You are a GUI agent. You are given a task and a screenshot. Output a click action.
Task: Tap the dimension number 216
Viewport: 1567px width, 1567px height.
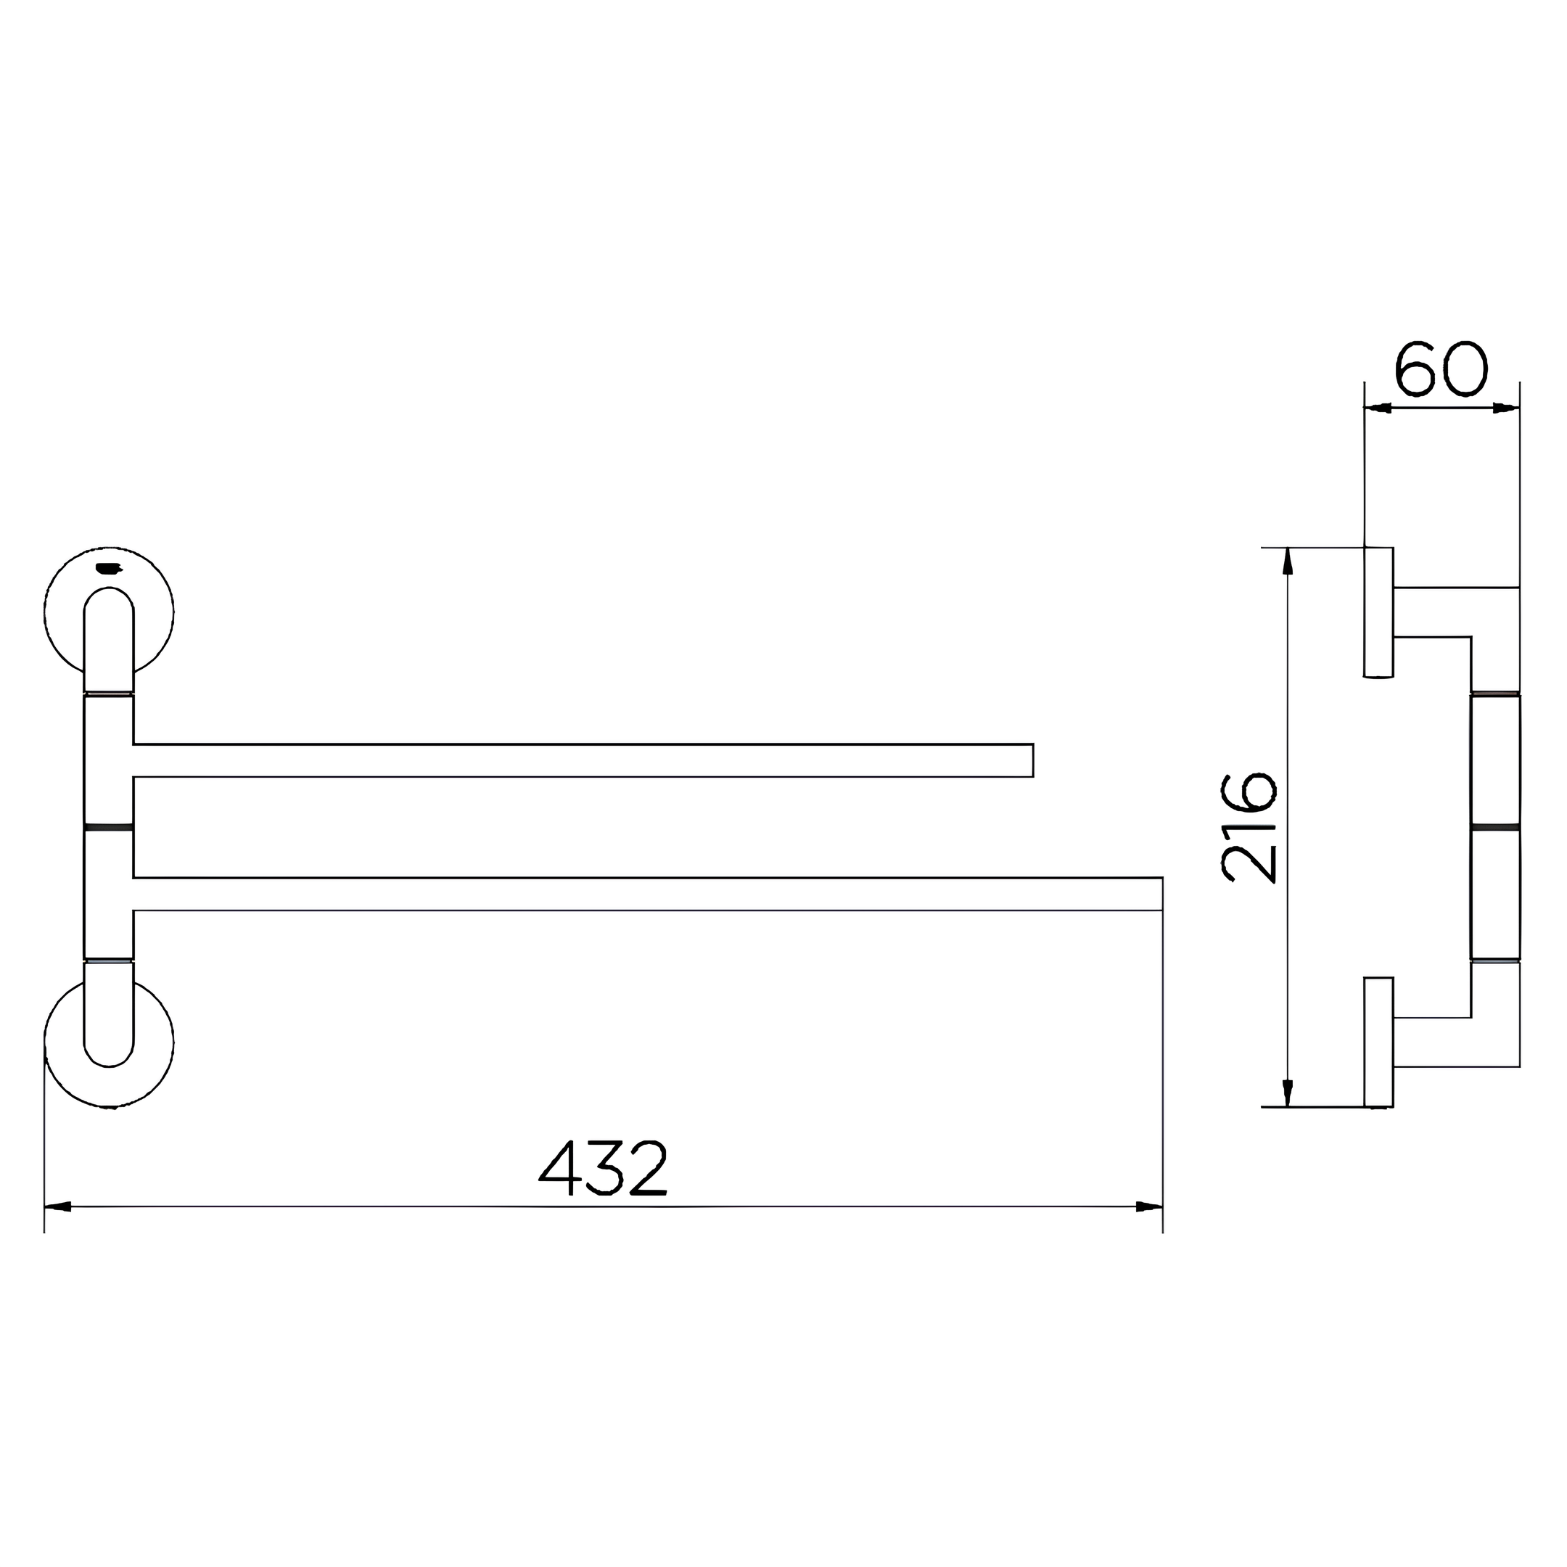(1249, 827)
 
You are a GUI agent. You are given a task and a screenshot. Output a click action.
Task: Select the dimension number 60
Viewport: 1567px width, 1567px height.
(1441, 369)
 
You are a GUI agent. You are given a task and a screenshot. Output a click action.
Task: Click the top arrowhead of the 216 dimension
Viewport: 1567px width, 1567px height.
(1287, 562)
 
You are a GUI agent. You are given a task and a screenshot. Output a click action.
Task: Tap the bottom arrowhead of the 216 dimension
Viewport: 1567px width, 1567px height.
(1287, 1093)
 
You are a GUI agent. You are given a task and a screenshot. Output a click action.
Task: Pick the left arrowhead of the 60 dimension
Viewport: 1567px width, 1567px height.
(1378, 408)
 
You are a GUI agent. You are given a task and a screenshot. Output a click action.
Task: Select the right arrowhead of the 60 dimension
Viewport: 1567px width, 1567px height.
(1506, 408)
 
